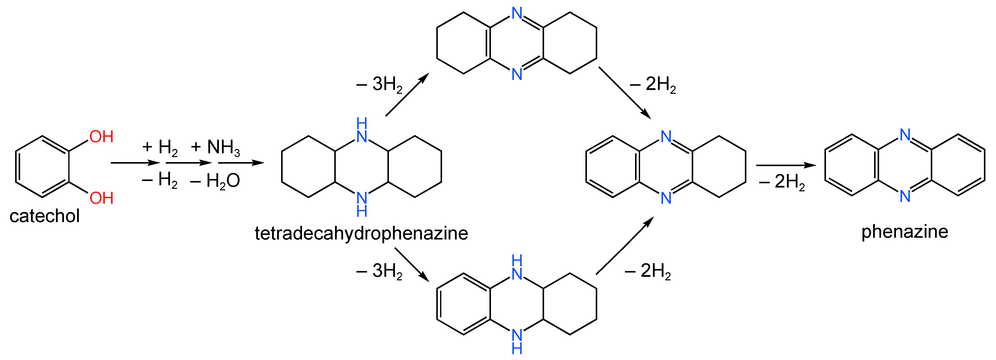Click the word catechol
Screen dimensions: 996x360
point(45,216)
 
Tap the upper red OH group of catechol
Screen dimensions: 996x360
point(101,137)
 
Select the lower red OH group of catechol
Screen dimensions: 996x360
point(101,198)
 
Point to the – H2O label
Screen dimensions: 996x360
point(215,181)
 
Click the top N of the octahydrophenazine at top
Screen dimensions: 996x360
point(517,13)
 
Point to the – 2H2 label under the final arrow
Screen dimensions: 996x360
point(782,182)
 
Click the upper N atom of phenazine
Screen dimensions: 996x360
point(905,135)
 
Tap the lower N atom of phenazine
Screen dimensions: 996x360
point(905,196)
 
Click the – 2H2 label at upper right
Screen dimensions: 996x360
point(653,84)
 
